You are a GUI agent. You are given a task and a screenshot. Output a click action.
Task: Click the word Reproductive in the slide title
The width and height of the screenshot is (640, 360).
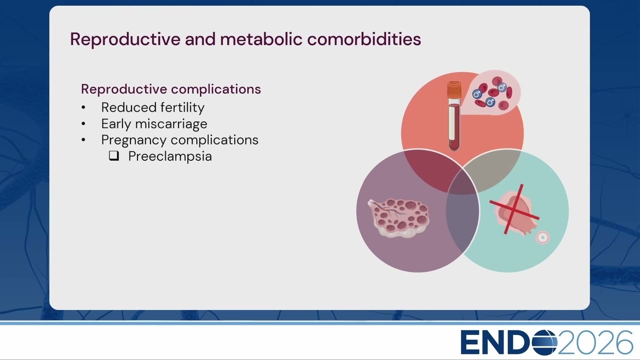click(125, 39)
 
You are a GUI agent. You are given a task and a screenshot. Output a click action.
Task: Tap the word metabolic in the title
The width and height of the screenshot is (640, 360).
click(261, 39)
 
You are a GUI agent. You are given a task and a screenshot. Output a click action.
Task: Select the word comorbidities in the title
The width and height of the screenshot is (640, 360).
click(364, 39)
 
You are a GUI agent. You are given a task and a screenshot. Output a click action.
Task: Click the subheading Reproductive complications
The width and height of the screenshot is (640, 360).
click(171, 89)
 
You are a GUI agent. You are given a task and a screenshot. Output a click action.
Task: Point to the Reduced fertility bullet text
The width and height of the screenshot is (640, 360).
click(153, 107)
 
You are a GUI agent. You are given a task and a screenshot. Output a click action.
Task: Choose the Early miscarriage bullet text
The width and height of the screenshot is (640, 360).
click(154, 124)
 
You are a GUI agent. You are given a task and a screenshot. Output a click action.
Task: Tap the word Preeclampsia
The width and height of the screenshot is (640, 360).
click(170, 156)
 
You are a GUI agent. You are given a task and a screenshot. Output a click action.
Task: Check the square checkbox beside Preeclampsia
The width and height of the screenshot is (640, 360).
click(114, 155)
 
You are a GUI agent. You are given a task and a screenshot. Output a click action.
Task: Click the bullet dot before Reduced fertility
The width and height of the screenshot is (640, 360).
click(83, 107)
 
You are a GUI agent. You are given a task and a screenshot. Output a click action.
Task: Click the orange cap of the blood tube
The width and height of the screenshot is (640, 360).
click(454, 89)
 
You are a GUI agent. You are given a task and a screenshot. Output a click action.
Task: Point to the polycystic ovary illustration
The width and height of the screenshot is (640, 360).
click(398, 217)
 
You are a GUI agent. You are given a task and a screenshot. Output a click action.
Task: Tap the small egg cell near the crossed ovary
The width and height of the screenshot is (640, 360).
click(542, 237)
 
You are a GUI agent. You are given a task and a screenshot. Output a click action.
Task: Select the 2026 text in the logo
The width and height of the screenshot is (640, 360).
click(595, 342)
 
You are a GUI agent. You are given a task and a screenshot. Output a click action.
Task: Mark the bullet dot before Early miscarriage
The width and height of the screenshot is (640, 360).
click(83, 124)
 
